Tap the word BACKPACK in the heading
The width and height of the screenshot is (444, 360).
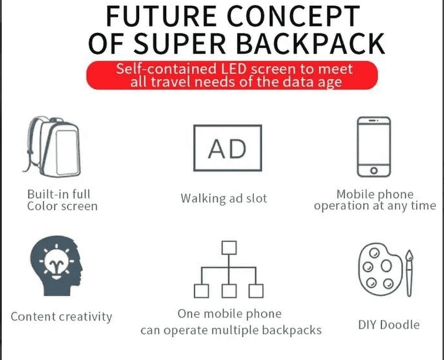pos(310,44)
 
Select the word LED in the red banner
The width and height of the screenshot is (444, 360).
pos(232,69)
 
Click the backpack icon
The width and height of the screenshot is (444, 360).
pos(52,147)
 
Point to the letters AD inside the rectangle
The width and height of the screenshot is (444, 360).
pos(228,149)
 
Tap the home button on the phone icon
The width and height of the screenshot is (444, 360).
pos(374,170)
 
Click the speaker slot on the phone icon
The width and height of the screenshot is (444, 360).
pos(374,121)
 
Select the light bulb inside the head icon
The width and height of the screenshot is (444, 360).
pos(57,263)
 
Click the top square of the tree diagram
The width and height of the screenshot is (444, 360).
pos(229,248)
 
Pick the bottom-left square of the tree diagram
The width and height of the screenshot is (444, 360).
pos(202,291)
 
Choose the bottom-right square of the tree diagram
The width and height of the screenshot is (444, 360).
pos(256,291)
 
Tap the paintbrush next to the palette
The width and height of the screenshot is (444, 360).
pos(409,273)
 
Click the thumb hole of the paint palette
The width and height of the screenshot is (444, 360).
pos(386,266)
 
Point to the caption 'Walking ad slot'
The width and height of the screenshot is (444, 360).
pos(224,198)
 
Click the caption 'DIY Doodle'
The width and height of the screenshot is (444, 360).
pos(388,325)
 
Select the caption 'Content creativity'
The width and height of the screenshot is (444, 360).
pos(62,317)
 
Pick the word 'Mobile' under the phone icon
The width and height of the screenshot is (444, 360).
pos(355,194)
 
